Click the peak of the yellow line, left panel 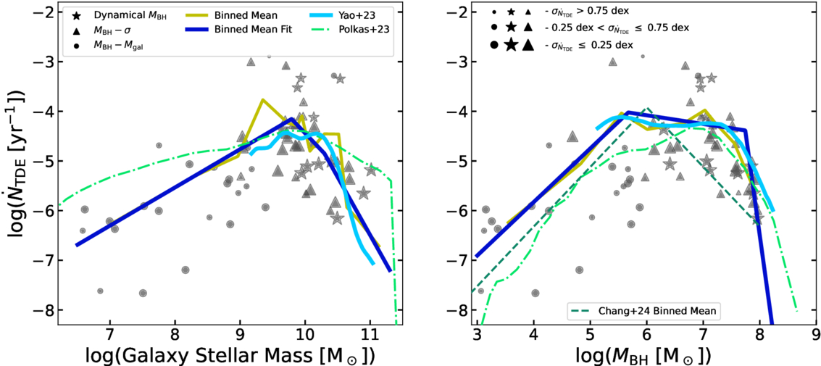click(262, 99)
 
